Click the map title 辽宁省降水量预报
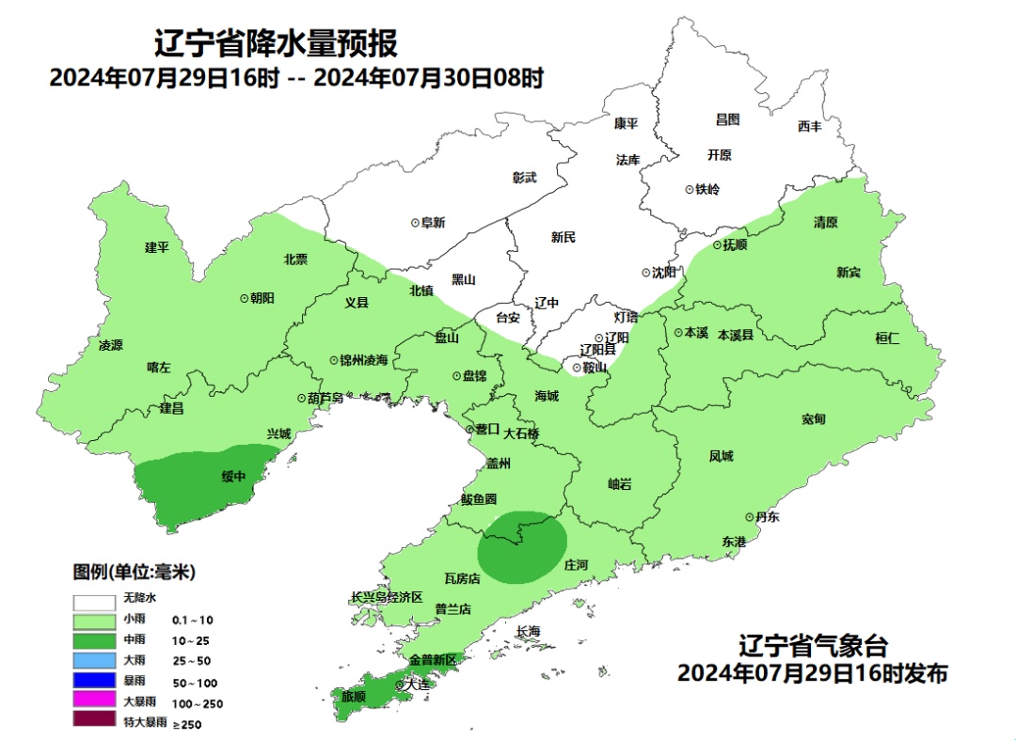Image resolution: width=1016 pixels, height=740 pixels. pos(276,43)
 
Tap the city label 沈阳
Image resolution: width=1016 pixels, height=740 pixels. pos(663,273)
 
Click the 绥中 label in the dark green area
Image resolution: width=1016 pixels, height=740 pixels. pos(233,476)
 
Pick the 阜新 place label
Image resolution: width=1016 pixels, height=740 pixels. pos(433,223)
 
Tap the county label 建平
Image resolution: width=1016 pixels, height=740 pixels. pos(156,247)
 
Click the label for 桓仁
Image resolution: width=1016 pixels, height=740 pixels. pos(887,339)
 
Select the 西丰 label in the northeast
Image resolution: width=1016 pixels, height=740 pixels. pos(809,126)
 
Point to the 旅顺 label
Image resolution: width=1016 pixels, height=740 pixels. pos(354,697)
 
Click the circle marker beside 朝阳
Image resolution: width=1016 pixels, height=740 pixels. pos(244,297)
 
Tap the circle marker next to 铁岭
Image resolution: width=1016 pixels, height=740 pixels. pos(690,189)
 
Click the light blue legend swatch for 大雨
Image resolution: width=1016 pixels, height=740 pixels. pos(94,661)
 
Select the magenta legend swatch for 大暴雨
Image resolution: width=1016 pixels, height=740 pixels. pos(94,701)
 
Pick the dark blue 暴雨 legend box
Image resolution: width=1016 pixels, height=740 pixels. pos(94,681)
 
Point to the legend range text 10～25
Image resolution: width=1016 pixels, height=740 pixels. pos(192,640)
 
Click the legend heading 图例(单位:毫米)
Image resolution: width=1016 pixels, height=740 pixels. pos(135,572)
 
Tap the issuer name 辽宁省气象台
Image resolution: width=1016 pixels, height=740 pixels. pos(813,647)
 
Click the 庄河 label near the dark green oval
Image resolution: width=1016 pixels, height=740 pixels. pos(575,565)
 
